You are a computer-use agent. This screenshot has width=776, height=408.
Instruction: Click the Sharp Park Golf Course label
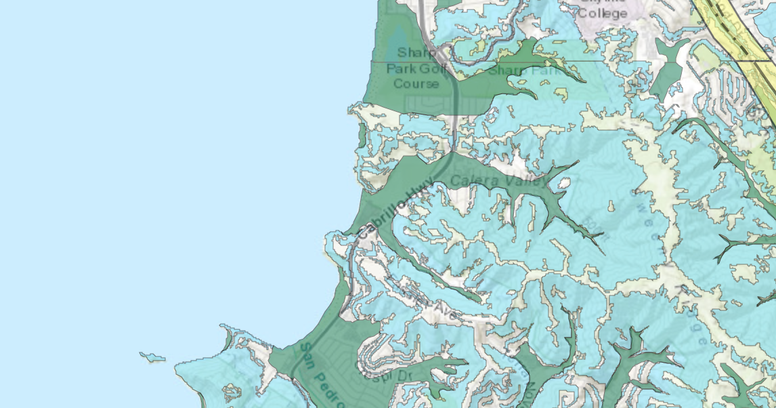point(412,68)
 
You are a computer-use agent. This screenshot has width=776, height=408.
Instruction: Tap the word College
point(602,12)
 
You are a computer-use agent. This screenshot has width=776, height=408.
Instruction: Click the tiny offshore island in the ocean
point(153,356)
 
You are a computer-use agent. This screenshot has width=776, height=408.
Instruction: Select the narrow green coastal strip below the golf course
point(362,135)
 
